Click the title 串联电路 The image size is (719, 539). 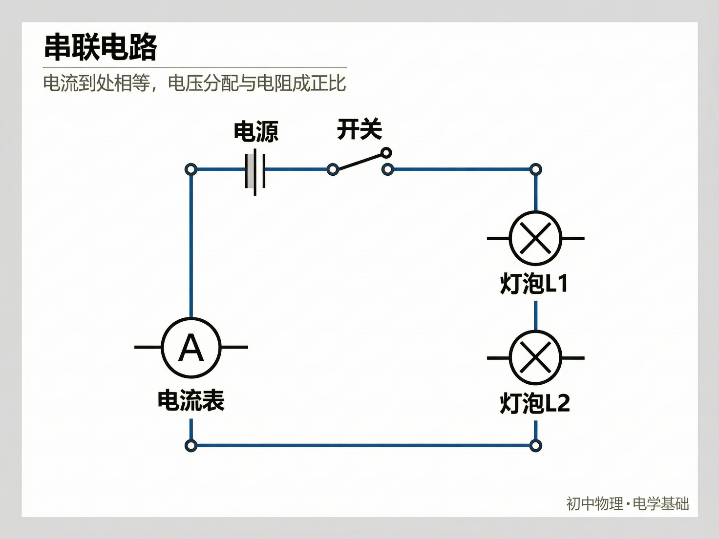click(101, 47)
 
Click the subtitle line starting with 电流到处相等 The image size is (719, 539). click(194, 83)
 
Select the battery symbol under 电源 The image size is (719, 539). click(255, 170)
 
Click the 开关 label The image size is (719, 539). click(359, 130)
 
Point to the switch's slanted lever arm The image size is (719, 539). click(359, 162)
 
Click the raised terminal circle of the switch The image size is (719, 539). click(386, 153)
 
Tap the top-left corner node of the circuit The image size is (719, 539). click(191, 169)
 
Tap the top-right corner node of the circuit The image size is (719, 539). click(536, 169)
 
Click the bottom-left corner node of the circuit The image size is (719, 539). click(191, 445)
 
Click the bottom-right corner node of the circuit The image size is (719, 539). click(536, 445)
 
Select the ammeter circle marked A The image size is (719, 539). click(191, 348)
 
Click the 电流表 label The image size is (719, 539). click(191, 401)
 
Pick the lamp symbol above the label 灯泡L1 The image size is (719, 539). click(536, 238)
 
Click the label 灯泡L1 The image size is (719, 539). click(534, 284)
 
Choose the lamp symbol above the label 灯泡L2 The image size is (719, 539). click(536, 357)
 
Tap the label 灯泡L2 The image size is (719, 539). click(535, 403)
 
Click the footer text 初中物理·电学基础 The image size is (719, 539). click(628, 503)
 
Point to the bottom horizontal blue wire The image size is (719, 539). click(363, 445)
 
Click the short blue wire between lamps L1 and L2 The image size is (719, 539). click(536, 315)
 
